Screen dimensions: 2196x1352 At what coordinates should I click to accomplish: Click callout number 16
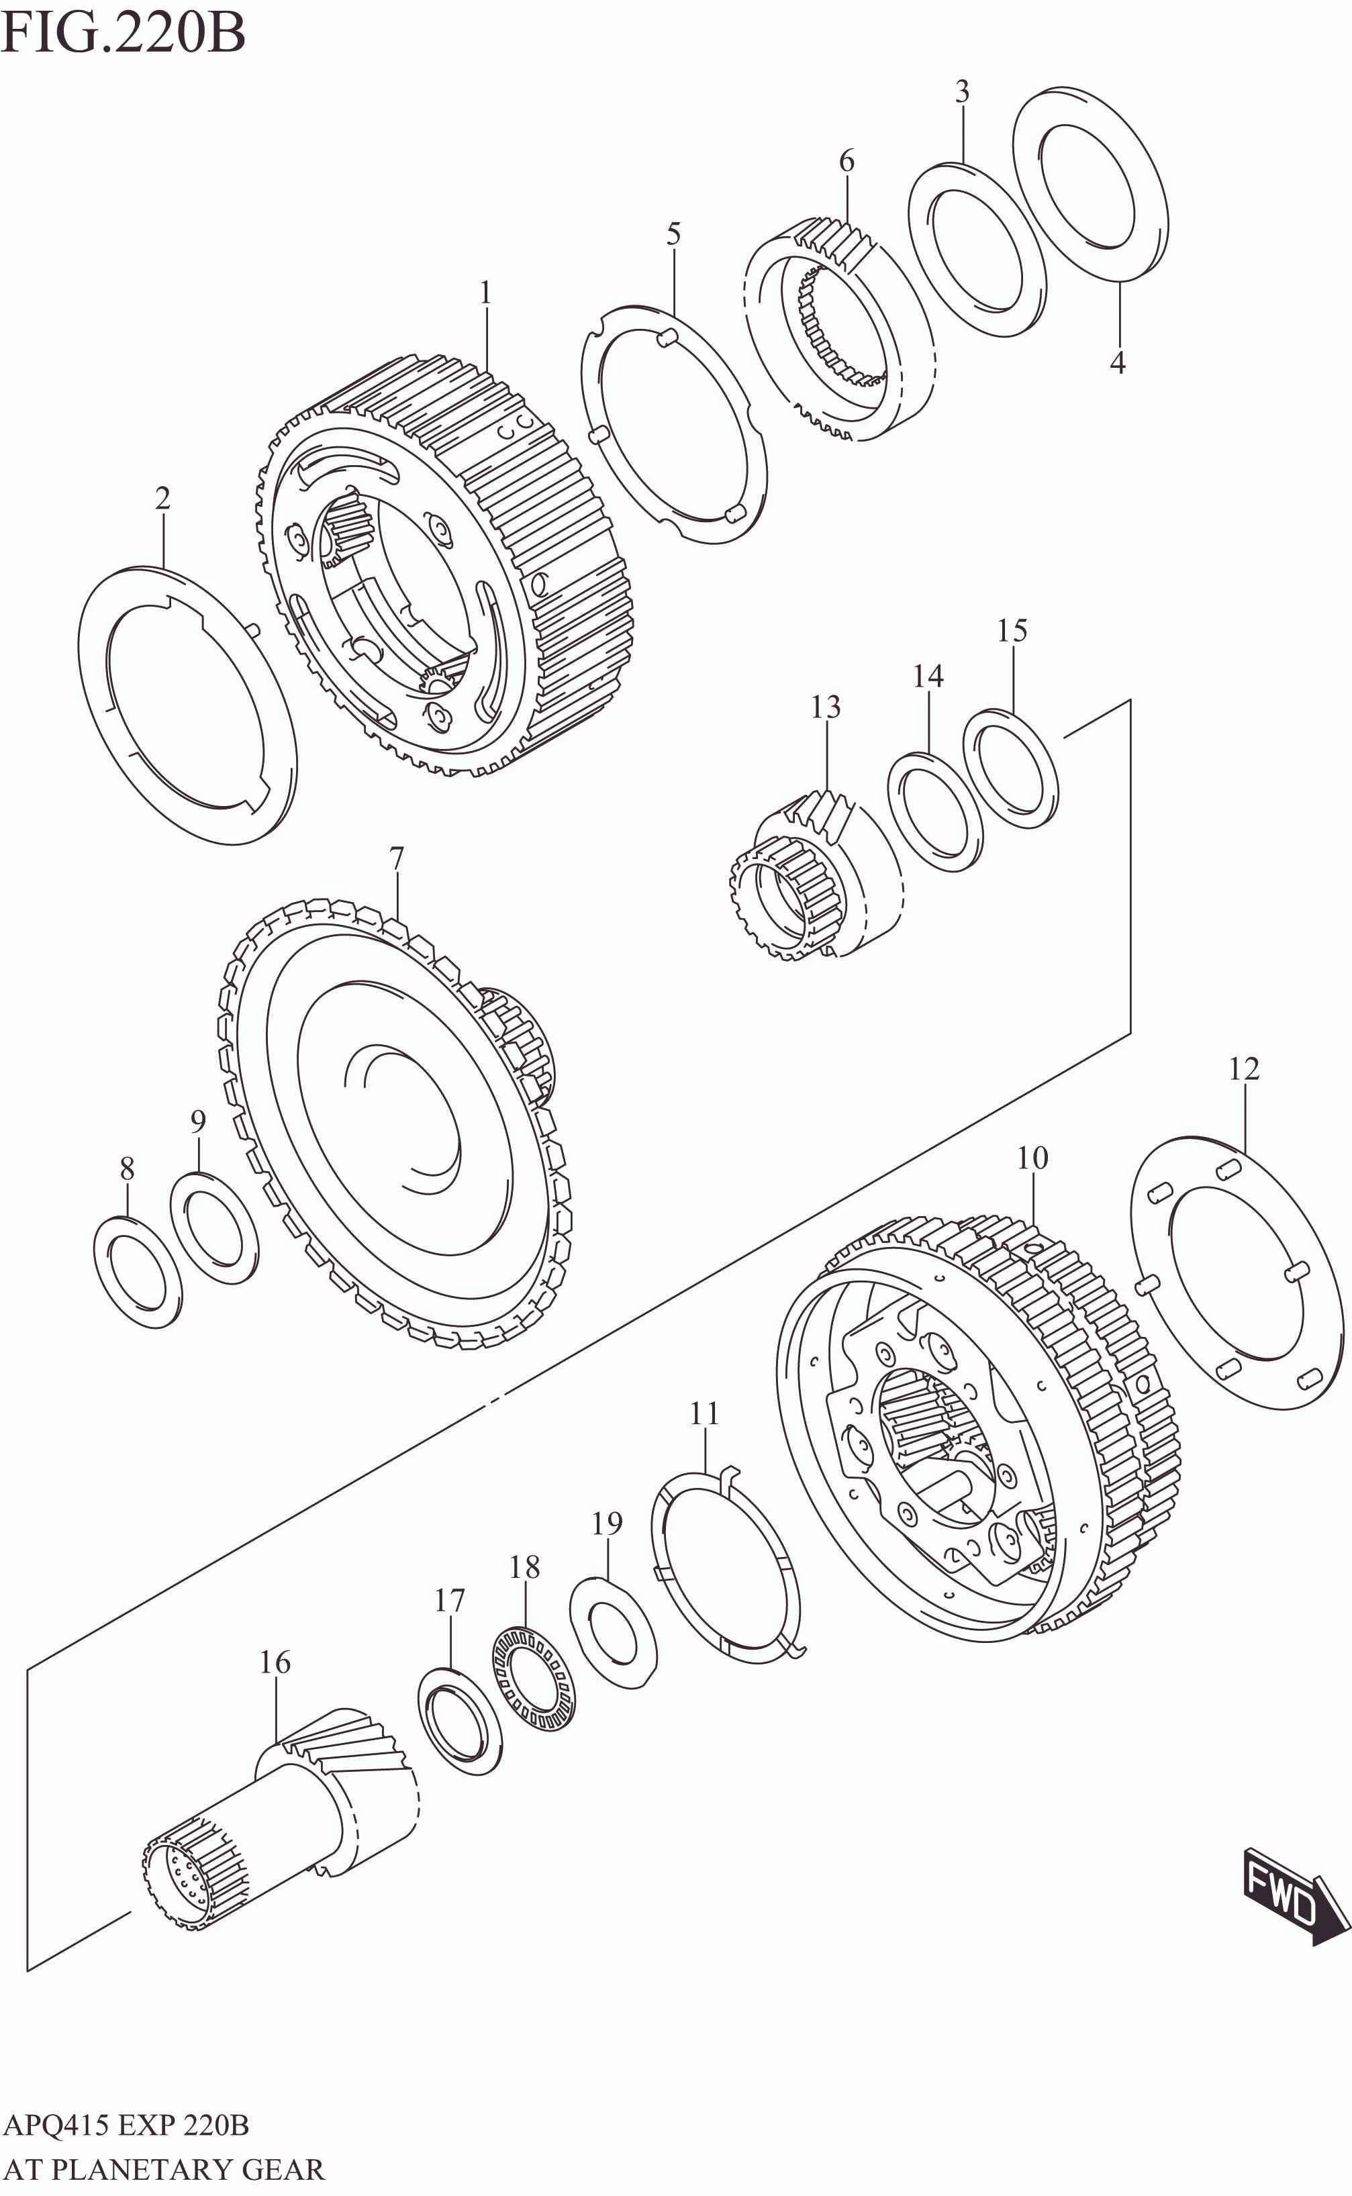275,1662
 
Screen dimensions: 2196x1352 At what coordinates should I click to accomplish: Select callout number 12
1243,1069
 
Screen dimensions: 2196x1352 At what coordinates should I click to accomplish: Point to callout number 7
396,859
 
